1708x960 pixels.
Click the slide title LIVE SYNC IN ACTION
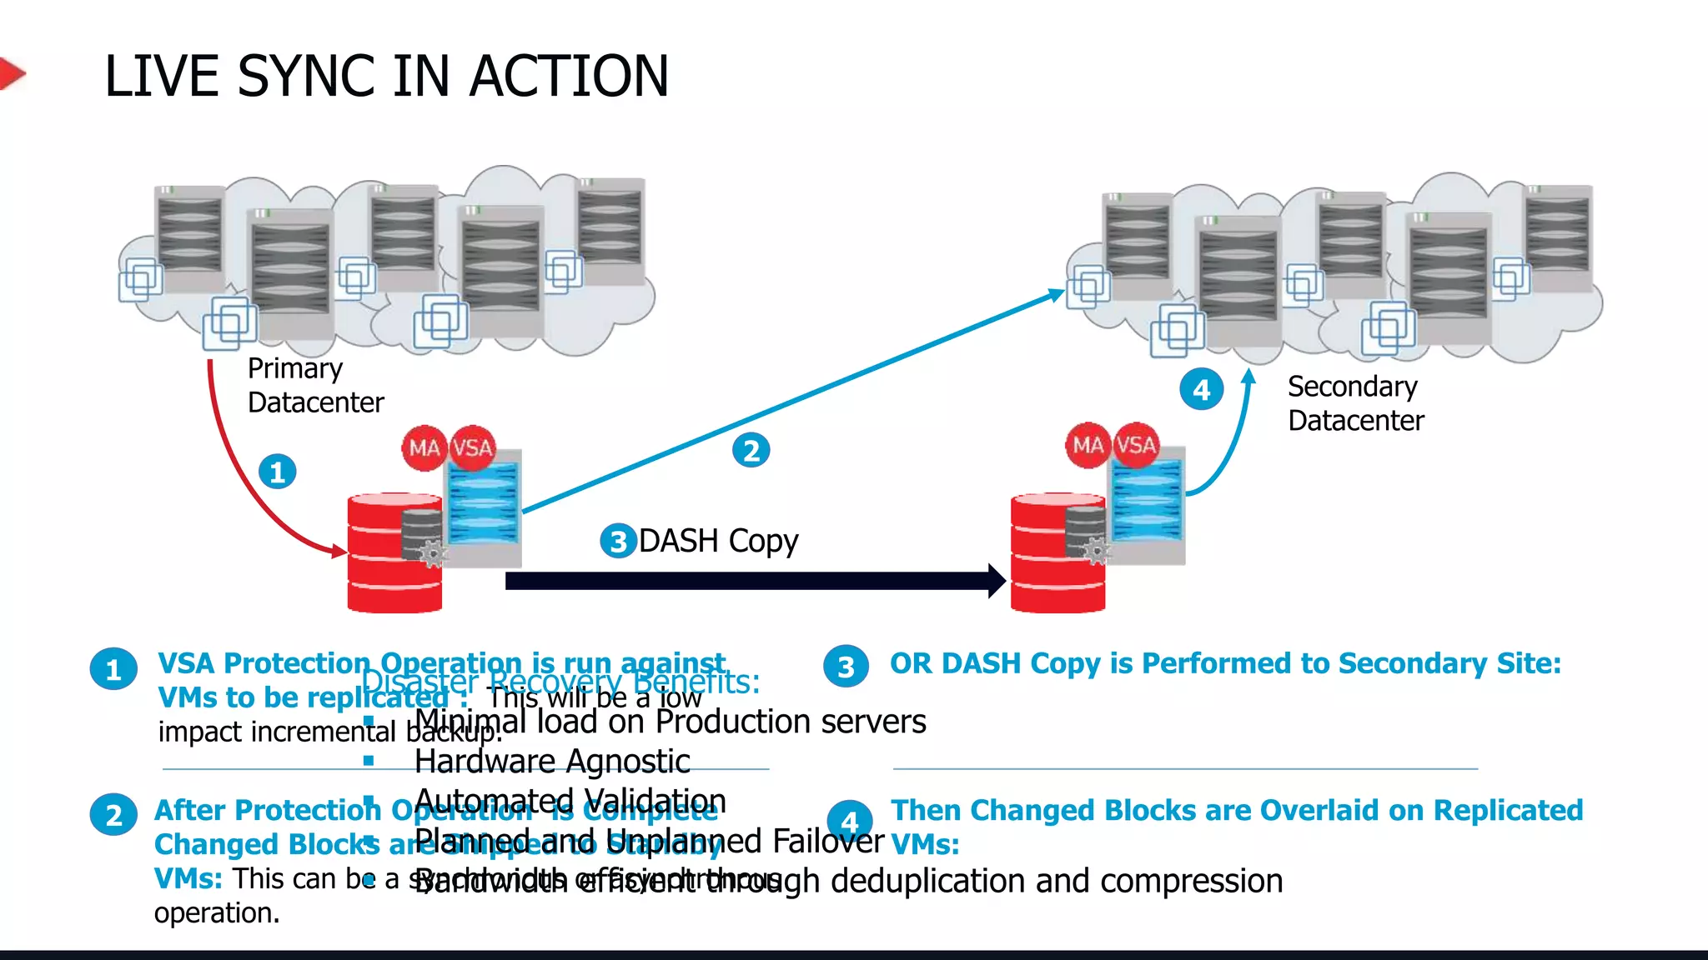[x=386, y=76]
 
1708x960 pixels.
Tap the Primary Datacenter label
[x=315, y=386]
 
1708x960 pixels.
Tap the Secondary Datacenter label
[x=1355, y=403]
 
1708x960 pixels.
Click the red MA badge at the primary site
[x=424, y=448]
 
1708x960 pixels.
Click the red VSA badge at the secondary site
[x=1136, y=445]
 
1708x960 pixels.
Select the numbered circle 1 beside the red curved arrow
[x=277, y=472]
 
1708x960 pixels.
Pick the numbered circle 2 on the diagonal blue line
[x=751, y=451]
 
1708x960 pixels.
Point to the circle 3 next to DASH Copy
[x=618, y=542]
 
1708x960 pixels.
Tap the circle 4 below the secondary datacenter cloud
[x=1201, y=390]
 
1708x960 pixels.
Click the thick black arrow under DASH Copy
[x=751, y=581]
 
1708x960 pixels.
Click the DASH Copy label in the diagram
[x=718, y=542]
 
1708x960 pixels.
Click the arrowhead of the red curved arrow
[x=339, y=551]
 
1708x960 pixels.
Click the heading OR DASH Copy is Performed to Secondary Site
[x=1224, y=663]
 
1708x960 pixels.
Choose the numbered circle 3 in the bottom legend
[x=846, y=667]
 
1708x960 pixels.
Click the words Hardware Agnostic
[x=552, y=762]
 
